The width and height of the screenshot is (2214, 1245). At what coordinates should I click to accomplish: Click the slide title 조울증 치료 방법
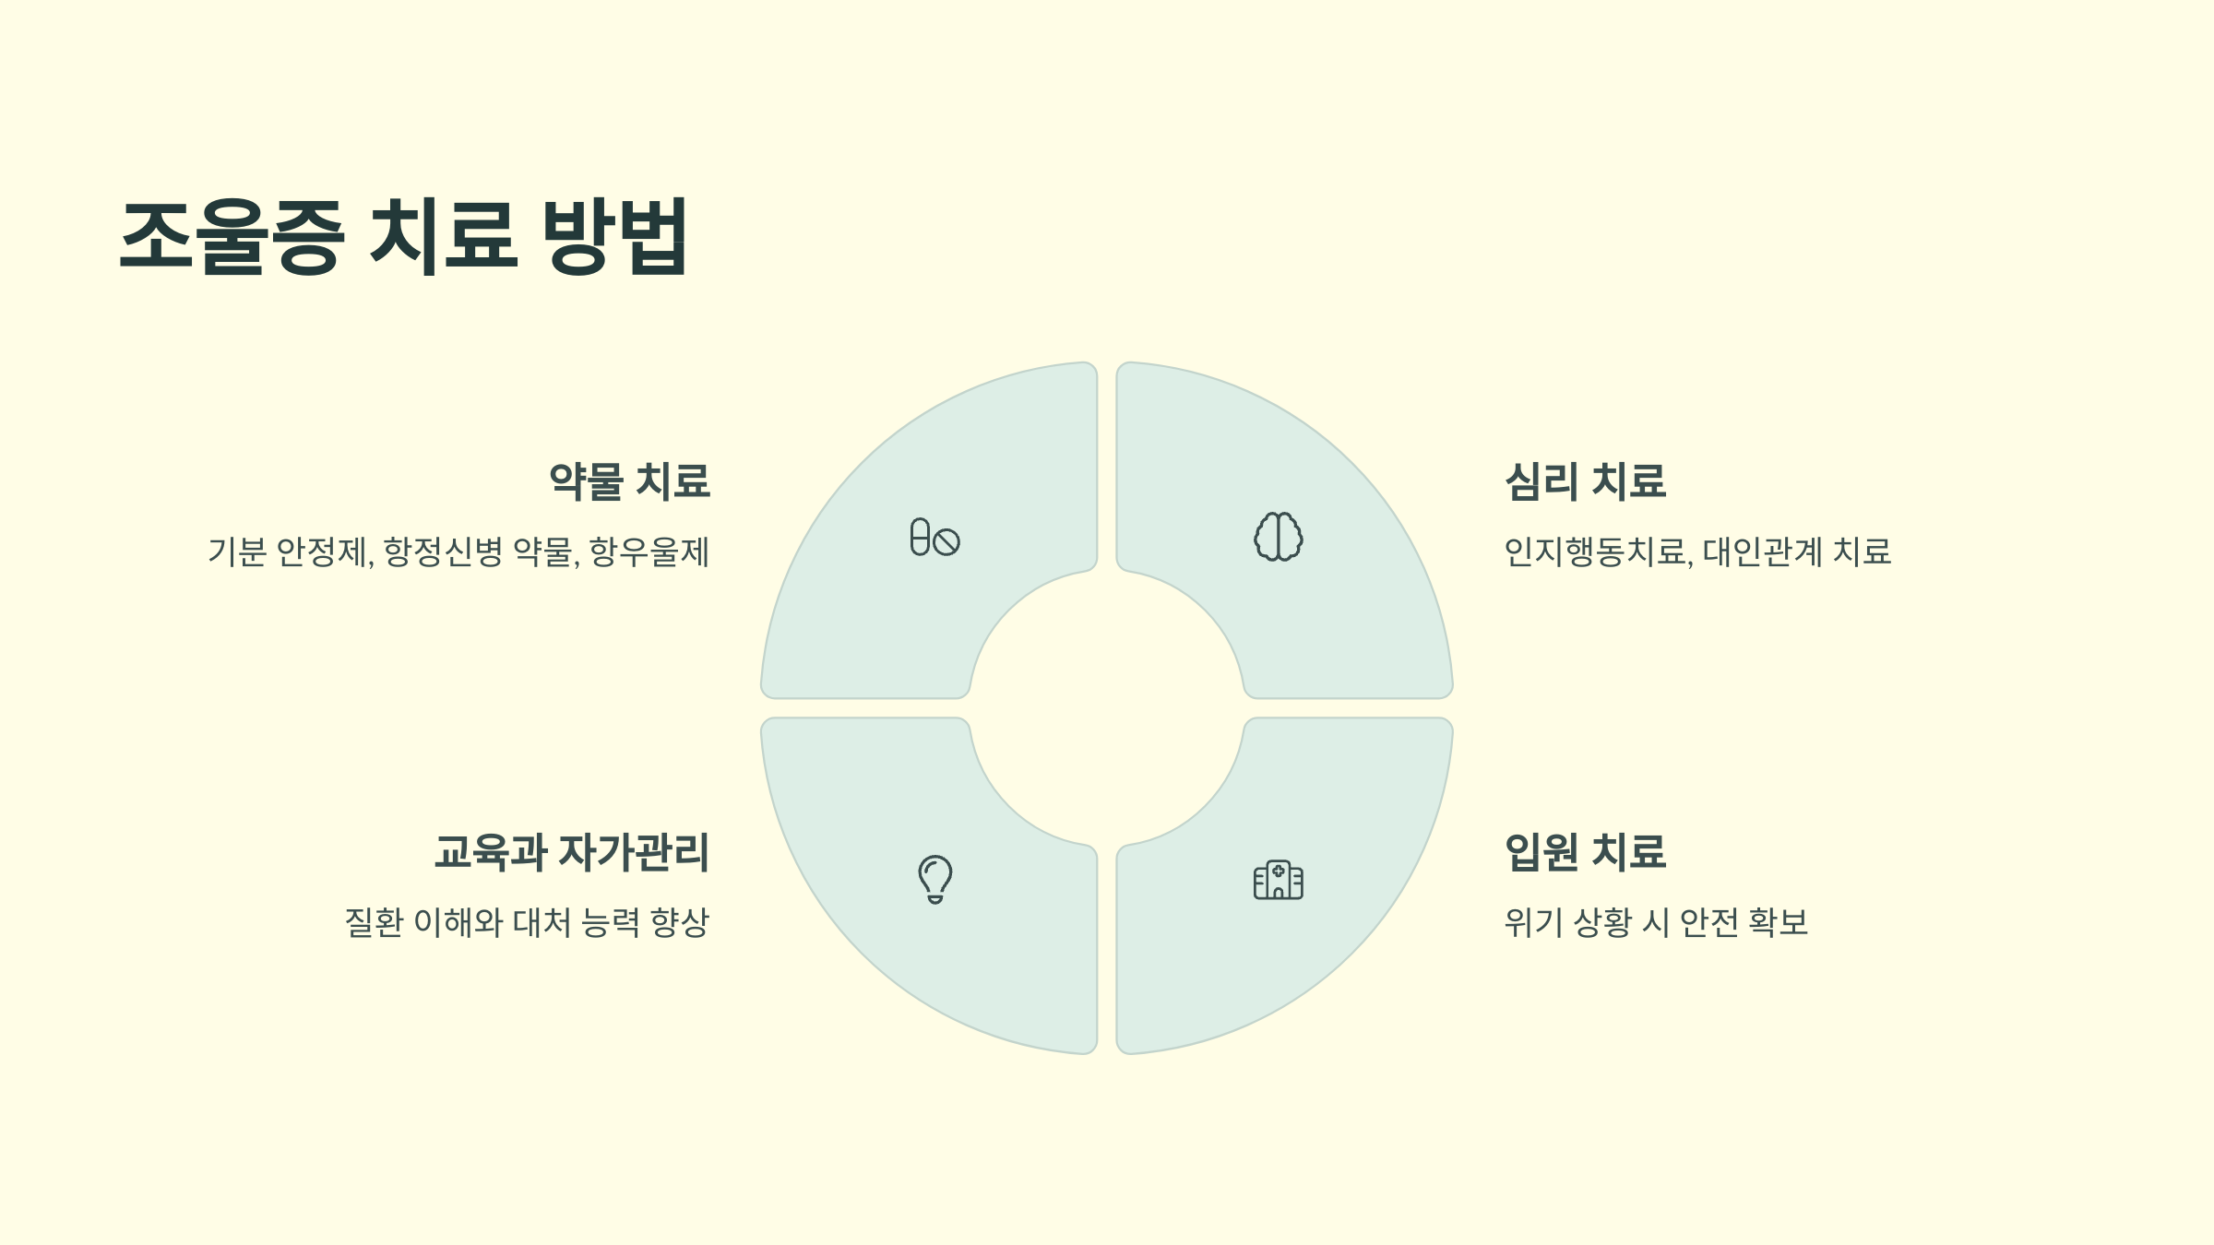pos(403,236)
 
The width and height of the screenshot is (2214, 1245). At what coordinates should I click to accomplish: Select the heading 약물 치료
pos(630,481)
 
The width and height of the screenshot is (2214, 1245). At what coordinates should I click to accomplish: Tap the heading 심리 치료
pos(1585,481)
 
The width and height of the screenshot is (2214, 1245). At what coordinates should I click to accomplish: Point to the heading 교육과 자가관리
pos(572,852)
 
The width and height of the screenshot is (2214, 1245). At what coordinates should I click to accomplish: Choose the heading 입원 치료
pos(1585,852)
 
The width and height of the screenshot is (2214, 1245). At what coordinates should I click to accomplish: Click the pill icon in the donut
pos(934,537)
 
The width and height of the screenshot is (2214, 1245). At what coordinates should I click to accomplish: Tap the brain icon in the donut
pos(1279,537)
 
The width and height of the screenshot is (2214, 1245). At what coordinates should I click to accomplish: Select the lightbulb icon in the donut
pos(934,879)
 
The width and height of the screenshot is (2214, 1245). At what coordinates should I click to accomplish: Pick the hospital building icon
pos(1279,880)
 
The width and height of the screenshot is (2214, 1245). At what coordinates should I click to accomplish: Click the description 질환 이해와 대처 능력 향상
pos(527,922)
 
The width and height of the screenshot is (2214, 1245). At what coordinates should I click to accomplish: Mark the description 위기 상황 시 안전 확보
pos(1656,922)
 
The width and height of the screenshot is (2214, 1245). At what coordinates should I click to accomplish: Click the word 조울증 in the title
pos(232,236)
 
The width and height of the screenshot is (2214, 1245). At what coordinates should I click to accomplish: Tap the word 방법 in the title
pos(614,236)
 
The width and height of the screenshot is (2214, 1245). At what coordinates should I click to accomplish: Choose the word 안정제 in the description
pos(323,552)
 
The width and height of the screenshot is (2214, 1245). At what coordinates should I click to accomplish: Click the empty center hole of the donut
pos(1107,708)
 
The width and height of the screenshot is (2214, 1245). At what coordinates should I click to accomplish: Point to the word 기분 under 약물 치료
pos(237,552)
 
